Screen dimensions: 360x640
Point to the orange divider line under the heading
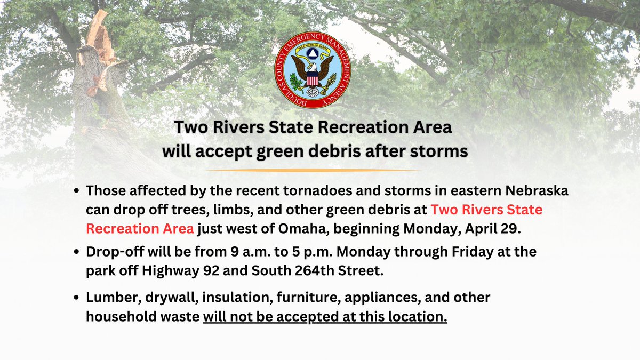(x=314, y=170)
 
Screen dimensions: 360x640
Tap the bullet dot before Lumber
(x=78, y=298)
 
